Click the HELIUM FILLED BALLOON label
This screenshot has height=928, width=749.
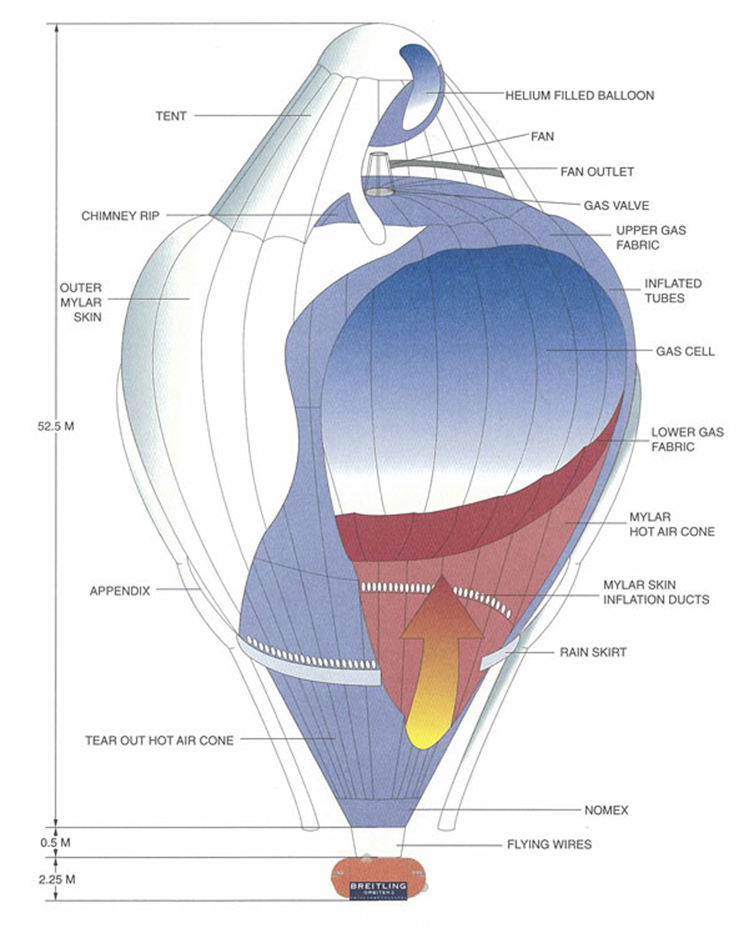[x=579, y=96]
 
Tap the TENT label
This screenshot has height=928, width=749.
[x=171, y=116]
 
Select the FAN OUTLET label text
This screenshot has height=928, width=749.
[x=596, y=172]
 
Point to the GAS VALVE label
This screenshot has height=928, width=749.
[x=616, y=206]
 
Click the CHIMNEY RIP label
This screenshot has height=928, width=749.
[x=120, y=216]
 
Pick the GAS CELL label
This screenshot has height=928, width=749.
[x=685, y=351]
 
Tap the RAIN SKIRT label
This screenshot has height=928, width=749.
[x=593, y=652]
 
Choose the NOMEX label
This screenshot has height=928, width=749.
[x=606, y=810]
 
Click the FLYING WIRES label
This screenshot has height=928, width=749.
[x=549, y=844]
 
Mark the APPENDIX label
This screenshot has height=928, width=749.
[x=120, y=591]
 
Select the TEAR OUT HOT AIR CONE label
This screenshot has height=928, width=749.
[x=159, y=740]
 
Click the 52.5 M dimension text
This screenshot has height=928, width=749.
[x=56, y=426]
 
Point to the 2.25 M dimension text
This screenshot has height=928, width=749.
[x=57, y=879]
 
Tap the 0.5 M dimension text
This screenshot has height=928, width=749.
[x=55, y=842]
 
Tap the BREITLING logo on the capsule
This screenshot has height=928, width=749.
[x=378, y=887]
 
